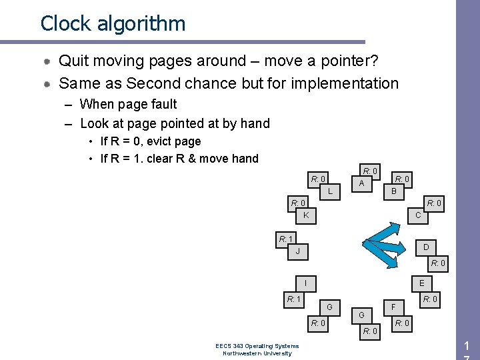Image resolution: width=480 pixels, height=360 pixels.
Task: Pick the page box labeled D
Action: coord(425,247)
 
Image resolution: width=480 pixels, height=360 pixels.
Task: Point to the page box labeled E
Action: coord(421,283)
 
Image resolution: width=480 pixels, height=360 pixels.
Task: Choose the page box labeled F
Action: coord(394,307)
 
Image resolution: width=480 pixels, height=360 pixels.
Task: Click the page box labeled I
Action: coord(305,283)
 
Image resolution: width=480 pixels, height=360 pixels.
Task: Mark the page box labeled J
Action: coord(298,251)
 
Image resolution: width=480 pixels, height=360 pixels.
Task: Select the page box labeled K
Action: coord(305,215)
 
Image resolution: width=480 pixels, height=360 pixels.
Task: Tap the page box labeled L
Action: coord(329,191)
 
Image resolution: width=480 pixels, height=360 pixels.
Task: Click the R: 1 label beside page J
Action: coord(286,239)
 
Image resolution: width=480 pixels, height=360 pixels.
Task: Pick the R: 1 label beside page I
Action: coord(294,299)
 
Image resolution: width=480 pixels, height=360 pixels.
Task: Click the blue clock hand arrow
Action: coord(383,241)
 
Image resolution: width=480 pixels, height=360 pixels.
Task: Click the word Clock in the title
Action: coord(65,23)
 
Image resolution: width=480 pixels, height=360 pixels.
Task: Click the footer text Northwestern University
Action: coord(257,353)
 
